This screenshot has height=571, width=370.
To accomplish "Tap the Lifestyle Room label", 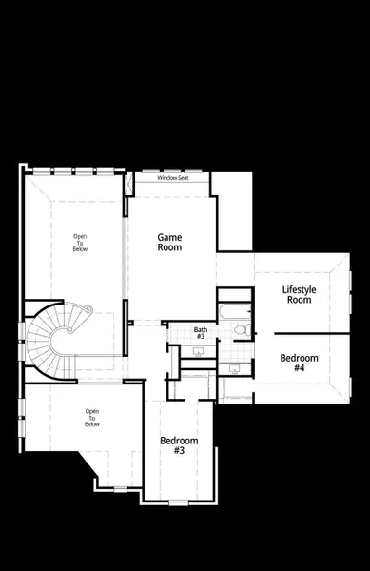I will coord(300,294).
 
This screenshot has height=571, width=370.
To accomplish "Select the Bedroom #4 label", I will coord(299,363).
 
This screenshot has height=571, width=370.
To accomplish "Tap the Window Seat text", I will coord(173,178).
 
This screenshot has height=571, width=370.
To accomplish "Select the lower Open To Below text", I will coord(92,418).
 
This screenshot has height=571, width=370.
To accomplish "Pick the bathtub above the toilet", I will coord(234,310).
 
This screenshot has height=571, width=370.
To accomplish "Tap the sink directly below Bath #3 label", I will coord(199,351).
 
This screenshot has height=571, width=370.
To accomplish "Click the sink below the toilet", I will coord(234,367).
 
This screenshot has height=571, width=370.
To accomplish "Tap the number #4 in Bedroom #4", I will coord(299,368).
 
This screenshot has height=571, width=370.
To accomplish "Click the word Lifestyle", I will coord(300,289).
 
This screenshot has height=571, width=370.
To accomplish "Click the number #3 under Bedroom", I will coord(178,452).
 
